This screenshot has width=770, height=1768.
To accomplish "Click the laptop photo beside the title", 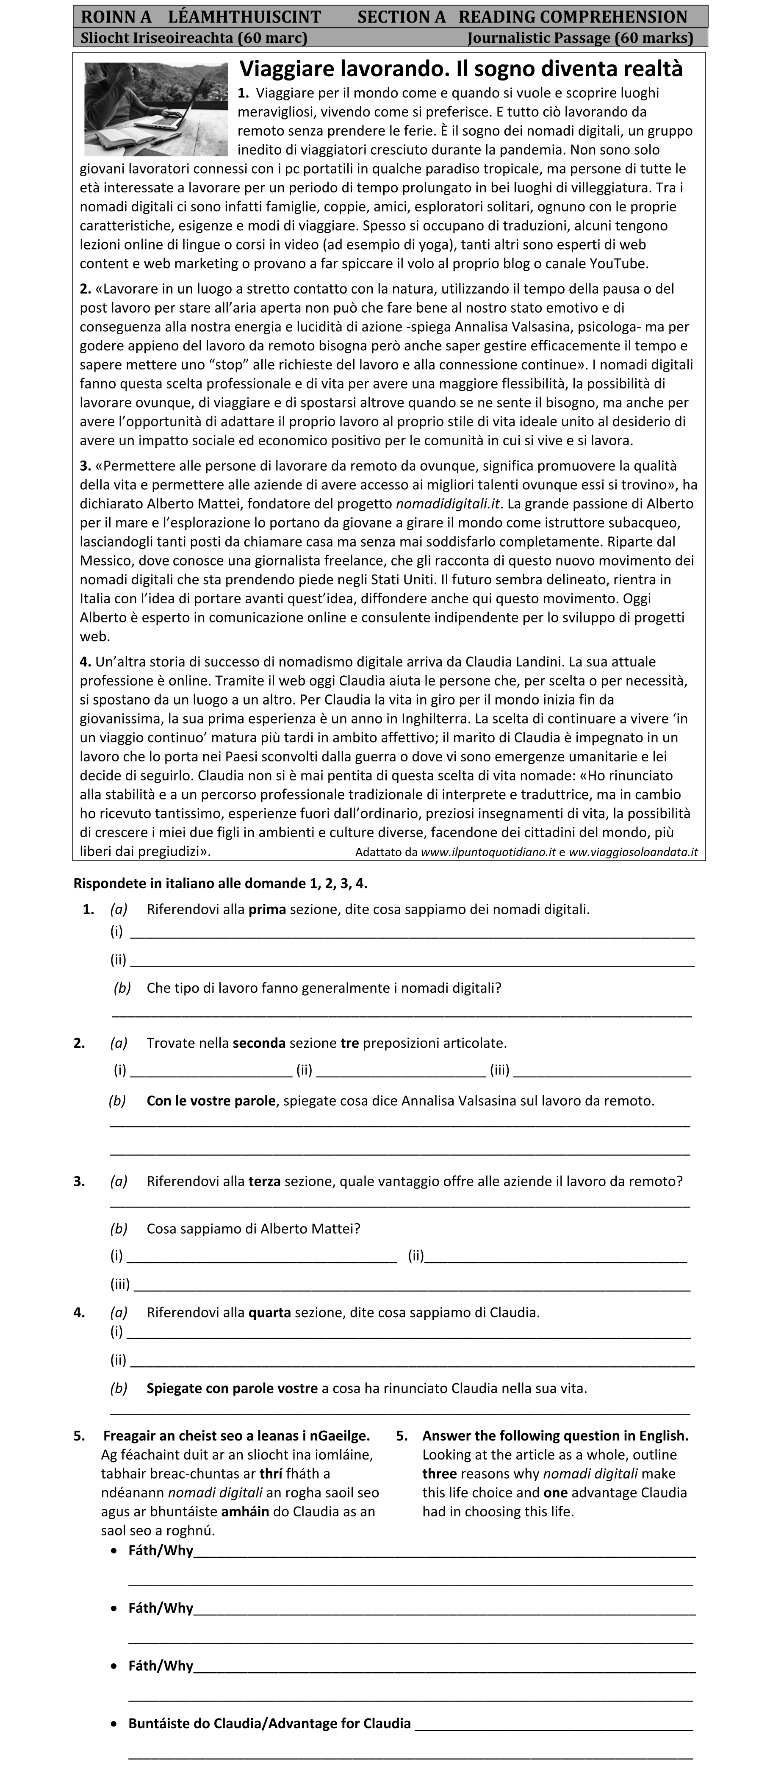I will coord(156,109).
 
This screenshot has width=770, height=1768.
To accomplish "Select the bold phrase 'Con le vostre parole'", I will coord(211,1101).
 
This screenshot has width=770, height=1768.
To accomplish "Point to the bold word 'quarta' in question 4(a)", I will coord(269,1312).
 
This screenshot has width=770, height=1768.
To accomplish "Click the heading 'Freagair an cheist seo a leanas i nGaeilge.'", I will coord(236,1436).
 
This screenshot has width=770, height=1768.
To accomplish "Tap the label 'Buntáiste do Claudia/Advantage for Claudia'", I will coord(269,1724).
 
